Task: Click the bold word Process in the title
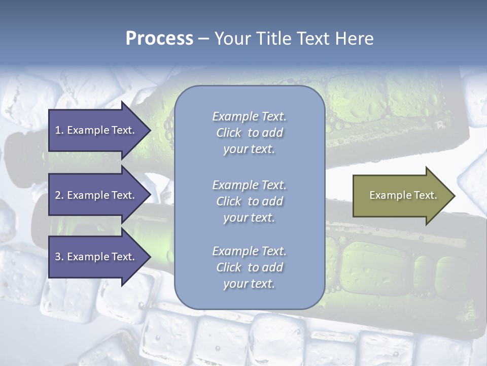pyautogui.click(x=159, y=39)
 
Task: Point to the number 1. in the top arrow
pyautogui.click(x=59, y=130)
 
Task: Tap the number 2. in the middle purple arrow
pyautogui.click(x=59, y=195)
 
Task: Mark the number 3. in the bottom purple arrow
pyautogui.click(x=59, y=257)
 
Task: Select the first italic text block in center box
pyautogui.click(x=249, y=133)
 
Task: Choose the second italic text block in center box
pyautogui.click(x=249, y=201)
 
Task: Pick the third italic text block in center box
pyautogui.click(x=249, y=267)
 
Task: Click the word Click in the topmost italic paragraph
pyautogui.click(x=229, y=133)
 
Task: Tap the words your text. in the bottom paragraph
pyautogui.click(x=249, y=284)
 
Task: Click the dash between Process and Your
pyautogui.click(x=203, y=39)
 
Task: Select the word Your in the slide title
pyautogui.click(x=231, y=39)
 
